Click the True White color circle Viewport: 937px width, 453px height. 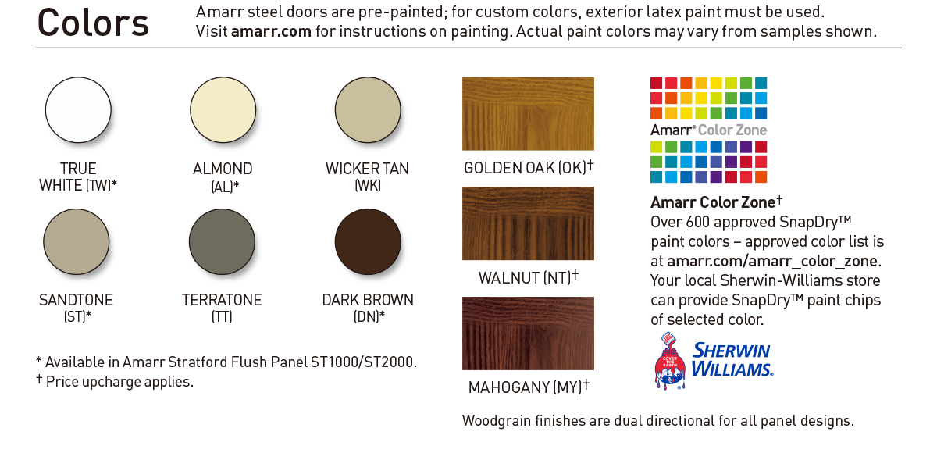(x=78, y=110)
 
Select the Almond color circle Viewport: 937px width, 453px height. (x=223, y=110)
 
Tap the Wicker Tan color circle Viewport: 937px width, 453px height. (x=368, y=110)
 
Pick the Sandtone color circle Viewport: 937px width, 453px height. (x=77, y=242)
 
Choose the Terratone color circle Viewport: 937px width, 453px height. (x=222, y=242)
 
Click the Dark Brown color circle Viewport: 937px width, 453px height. (x=368, y=242)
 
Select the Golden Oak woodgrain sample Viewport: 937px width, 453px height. (x=528, y=114)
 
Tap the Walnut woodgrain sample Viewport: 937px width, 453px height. (x=528, y=223)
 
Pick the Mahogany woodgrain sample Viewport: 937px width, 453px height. (x=528, y=334)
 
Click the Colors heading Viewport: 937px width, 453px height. (x=93, y=23)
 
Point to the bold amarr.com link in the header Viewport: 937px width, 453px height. (x=271, y=31)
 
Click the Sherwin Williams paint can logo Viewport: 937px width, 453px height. (x=670, y=361)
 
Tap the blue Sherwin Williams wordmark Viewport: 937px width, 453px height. (x=732, y=360)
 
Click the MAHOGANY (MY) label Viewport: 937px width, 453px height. (x=529, y=387)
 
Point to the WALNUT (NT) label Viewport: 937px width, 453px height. (x=529, y=277)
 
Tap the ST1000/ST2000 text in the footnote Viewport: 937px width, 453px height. (x=363, y=362)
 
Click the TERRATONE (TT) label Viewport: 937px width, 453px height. (x=222, y=308)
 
